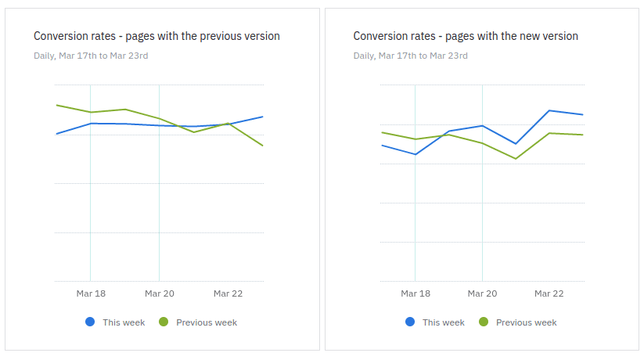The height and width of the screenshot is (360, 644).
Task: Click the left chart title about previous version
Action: coord(157,36)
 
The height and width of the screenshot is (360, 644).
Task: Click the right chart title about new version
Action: coord(466,36)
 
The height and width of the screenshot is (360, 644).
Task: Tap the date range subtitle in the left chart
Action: coord(91,56)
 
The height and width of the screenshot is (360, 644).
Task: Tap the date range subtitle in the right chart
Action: coord(411,56)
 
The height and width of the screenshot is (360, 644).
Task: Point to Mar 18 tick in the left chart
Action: coord(91,293)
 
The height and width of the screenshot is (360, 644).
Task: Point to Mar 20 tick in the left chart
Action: coord(159,293)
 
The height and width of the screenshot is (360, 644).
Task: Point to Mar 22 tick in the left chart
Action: coord(228,293)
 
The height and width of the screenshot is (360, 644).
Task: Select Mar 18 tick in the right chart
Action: coord(415,293)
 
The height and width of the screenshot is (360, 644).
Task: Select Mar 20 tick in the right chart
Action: coord(482,293)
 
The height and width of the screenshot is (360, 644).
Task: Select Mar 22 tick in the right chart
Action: coord(549,293)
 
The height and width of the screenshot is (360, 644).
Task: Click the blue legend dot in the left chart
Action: coord(90,322)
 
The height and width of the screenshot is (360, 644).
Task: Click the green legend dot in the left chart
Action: coord(164,322)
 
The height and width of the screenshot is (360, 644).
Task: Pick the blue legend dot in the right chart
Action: coord(410,322)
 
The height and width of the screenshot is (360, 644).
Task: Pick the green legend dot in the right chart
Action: coord(484,322)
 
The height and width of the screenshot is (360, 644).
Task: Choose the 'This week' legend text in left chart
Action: coord(124,322)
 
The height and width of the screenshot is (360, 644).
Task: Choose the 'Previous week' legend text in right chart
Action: coord(526,322)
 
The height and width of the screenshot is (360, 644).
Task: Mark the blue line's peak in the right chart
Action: coord(549,110)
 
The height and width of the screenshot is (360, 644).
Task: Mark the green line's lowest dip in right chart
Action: coord(516,159)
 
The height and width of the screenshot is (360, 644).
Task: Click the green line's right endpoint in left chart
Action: coord(262,146)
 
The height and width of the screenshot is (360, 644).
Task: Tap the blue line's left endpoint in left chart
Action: coord(56,134)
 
